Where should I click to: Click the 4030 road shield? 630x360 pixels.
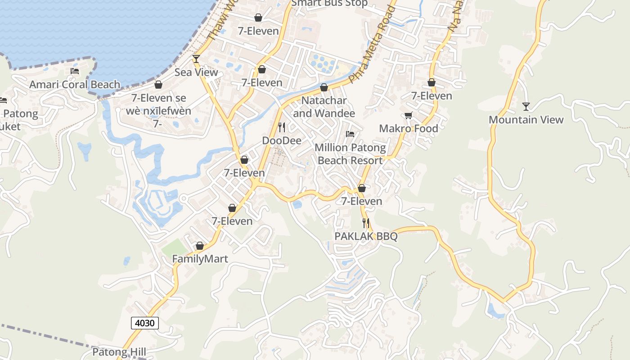click(145, 323)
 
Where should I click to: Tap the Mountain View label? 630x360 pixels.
click(526, 120)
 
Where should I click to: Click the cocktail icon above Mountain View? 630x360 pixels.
click(526, 107)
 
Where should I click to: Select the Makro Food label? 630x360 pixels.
click(408, 129)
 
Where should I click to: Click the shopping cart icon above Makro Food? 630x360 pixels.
click(408, 116)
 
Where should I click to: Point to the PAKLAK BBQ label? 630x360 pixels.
click(366, 236)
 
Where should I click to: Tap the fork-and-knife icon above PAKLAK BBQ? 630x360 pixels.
click(366, 223)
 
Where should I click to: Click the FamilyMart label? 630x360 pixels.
click(200, 259)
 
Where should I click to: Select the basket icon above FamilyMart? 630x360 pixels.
click(200, 246)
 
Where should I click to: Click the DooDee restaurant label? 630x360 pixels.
click(282, 140)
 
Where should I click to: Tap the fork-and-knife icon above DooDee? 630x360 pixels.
click(282, 127)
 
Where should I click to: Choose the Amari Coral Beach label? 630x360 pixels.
click(75, 85)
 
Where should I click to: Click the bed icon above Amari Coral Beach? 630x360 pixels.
click(75, 72)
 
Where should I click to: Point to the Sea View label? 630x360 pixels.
click(196, 72)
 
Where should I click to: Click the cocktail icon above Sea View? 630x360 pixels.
click(196, 59)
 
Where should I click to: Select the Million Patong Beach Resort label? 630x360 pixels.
click(350, 154)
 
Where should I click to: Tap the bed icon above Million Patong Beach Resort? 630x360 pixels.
click(350, 134)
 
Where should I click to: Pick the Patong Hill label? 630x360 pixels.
click(119, 351)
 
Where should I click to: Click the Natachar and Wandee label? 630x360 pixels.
click(324, 107)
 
